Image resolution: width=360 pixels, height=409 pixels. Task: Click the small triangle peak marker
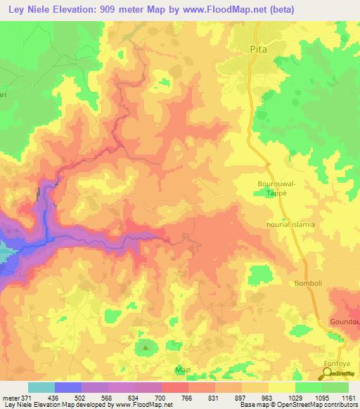click(146, 346)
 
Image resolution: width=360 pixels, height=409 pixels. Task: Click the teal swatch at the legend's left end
click(41, 387)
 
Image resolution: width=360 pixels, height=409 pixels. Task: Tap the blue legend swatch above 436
click(67, 387)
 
